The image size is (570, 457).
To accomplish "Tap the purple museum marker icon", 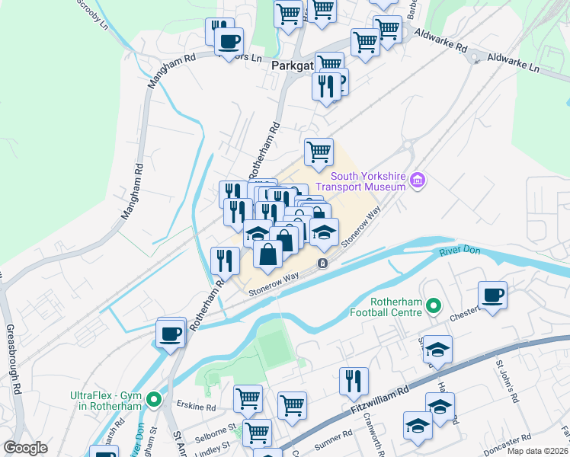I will (x=417, y=181).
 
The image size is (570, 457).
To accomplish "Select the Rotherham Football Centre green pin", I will (x=434, y=306).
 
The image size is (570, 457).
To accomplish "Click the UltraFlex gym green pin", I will (x=155, y=399).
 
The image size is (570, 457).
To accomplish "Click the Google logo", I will (x=25, y=448).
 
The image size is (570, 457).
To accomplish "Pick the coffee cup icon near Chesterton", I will (x=492, y=296).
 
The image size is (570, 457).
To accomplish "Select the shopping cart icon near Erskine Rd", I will (x=248, y=398).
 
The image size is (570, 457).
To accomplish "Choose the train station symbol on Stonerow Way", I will (x=323, y=264).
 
